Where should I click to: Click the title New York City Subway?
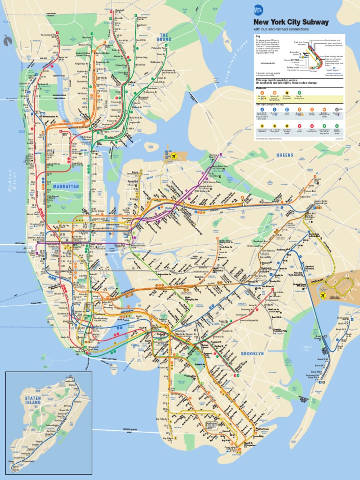click(291, 22)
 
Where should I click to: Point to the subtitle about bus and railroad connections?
click(281, 29)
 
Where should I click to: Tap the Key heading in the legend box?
click(257, 37)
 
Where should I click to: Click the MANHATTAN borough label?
click(66, 186)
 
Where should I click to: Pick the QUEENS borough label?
click(285, 155)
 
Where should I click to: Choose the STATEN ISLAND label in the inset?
click(33, 400)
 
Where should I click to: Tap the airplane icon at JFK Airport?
click(322, 295)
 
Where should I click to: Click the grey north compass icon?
click(8, 41)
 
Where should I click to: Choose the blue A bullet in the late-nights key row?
click(262, 109)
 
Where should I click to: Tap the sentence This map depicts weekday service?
click(280, 80)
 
